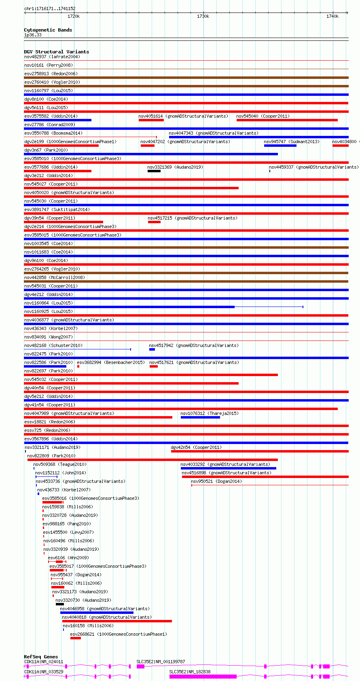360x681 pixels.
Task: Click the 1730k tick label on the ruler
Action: point(203,17)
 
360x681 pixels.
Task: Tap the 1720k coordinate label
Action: point(74,17)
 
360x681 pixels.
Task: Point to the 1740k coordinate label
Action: point(332,17)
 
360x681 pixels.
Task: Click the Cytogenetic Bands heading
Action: point(48,30)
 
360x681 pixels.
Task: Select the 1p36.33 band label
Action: point(33,35)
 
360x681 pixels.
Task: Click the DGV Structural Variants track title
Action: point(56,52)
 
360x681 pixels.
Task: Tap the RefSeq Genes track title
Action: point(41,657)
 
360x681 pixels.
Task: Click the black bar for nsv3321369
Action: point(154,171)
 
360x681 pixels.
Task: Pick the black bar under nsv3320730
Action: point(59,604)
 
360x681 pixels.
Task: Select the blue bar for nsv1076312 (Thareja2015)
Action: point(200,417)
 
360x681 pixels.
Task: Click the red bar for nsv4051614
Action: point(151,120)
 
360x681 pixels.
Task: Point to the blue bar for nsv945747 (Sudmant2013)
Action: point(280,146)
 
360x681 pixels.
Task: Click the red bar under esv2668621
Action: point(75,638)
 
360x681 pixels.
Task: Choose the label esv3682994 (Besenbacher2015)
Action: point(111,362)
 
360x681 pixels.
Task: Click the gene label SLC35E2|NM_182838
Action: point(190,672)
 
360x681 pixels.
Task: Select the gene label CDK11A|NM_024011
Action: point(44,662)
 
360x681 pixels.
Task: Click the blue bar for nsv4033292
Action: point(228,468)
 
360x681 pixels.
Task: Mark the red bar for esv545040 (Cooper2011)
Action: point(287,120)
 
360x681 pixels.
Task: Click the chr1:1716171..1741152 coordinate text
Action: point(50,8)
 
